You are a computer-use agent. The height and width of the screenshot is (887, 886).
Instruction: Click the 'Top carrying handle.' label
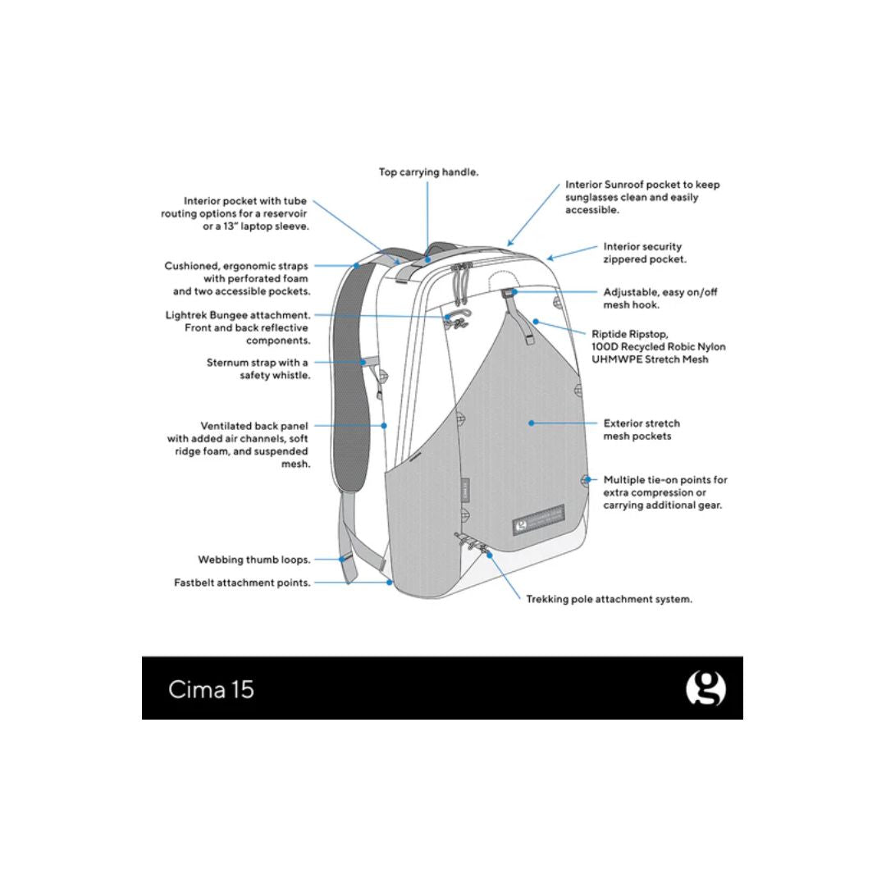(428, 172)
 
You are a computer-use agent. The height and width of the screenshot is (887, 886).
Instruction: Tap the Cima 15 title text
(211, 689)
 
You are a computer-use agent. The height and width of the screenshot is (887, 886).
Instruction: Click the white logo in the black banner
(706, 689)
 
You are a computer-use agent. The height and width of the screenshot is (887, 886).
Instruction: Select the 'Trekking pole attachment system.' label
(609, 599)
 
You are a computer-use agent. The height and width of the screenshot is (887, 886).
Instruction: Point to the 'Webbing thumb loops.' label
(253, 560)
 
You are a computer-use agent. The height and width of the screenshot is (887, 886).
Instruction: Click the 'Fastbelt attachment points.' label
(242, 583)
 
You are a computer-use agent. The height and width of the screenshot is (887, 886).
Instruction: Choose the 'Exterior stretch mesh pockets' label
(642, 430)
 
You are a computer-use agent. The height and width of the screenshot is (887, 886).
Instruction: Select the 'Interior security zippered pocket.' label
(645, 253)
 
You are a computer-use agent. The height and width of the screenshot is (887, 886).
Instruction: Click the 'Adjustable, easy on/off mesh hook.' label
(660, 298)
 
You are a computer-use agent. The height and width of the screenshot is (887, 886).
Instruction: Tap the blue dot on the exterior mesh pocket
(532, 423)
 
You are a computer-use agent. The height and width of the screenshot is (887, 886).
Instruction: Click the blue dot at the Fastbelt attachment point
(389, 583)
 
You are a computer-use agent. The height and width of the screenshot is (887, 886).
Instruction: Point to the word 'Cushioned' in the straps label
(190, 266)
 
